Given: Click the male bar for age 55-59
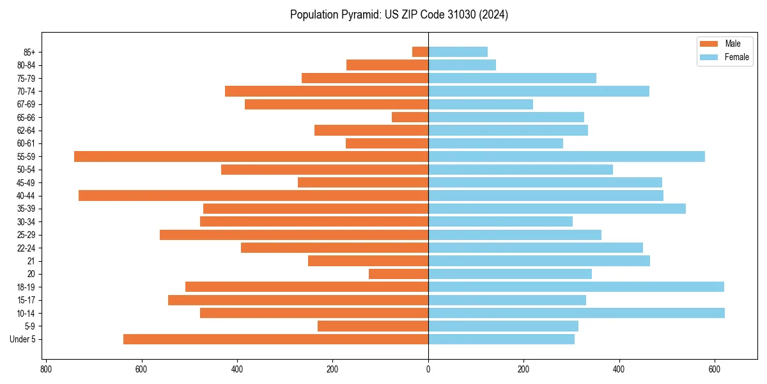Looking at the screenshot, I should [251, 156].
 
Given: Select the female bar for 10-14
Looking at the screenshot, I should [576, 313].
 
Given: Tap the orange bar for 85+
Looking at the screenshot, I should [421, 52].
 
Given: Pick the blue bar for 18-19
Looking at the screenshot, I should [575, 287].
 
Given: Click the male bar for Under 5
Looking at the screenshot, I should [275, 339].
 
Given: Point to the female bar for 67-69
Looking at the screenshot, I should [480, 104].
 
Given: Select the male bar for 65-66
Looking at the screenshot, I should [410, 117].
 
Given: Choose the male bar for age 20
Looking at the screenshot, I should [398, 274].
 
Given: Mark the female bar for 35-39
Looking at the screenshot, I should [556, 209].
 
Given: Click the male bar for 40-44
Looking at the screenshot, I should [253, 195].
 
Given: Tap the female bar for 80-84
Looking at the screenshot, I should [461, 65].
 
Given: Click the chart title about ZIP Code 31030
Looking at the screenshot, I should [399, 15].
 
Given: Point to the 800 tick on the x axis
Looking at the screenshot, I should [46, 369].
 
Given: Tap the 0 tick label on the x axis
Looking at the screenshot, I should [428, 369].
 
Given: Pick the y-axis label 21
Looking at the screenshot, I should [31, 261].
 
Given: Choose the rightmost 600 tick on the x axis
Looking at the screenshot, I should [715, 369].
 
